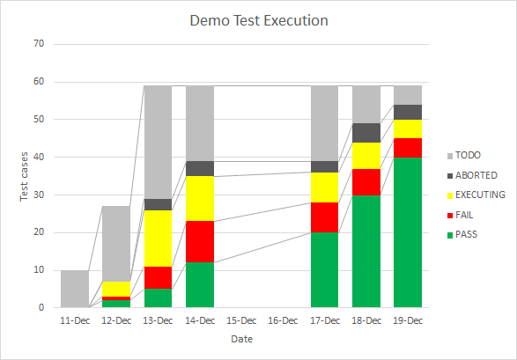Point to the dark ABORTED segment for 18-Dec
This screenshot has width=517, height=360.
click(366, 133)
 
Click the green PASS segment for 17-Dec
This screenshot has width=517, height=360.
click(324, 270)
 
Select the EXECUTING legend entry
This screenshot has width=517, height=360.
click(480, 195)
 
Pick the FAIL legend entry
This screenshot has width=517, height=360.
click(469, 214)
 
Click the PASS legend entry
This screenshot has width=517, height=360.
click(470, 233)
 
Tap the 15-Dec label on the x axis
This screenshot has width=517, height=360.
click(241, 320)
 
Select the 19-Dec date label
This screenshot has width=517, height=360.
click(408, 320)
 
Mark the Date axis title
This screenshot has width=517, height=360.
click(241, 339)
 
